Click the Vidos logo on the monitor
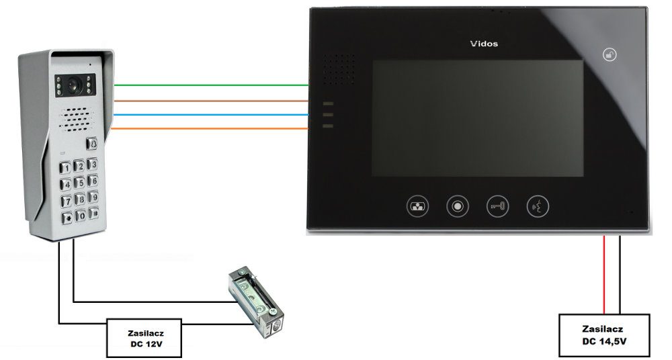click(x=484, y=44)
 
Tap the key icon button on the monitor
click(x=497, y=206)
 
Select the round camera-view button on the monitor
click(x=457, y=206)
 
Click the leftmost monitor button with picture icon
click(x=417, y=206)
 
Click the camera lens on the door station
click(x=73, y=86)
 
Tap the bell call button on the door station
click(x=91, y=143)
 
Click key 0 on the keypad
click(x=81, y=216)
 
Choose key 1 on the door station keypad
click(x=65, y=168)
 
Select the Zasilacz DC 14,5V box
click(x=605, y=334)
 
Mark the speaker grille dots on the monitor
click(x=340, y=69)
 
